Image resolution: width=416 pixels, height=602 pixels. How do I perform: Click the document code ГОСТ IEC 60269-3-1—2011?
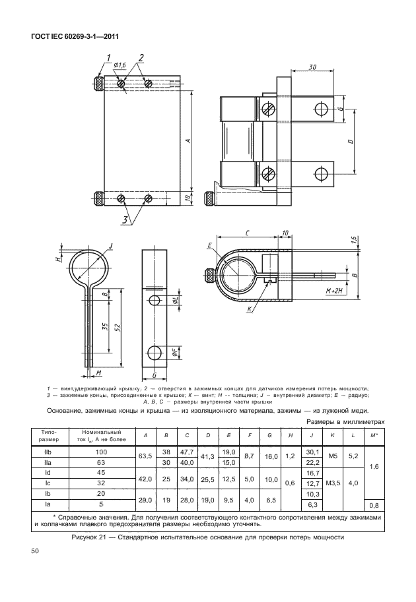click(74, 37)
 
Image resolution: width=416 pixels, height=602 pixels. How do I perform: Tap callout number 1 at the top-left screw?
click(109, 58)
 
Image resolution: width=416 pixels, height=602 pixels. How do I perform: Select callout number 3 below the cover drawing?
click(125, 220)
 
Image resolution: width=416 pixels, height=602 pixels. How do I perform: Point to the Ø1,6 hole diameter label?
click(120, 65)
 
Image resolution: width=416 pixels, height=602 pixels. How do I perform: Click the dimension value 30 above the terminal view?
click(312, 67)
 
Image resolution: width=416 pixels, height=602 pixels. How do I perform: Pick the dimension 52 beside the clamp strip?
click(118, 327)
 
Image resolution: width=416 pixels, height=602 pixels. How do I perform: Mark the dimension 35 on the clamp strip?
click(105, 326)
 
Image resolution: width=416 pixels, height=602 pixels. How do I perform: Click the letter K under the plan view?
click(249, 309)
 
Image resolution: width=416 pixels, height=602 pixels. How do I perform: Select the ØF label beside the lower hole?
click(175, 352)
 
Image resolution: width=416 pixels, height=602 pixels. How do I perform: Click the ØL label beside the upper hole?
click(175, 301)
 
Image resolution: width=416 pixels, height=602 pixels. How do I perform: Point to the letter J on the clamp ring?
click(111, 245)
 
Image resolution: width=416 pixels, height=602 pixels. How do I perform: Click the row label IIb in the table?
click(48, 452)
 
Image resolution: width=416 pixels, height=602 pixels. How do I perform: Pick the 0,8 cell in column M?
click(374, 506)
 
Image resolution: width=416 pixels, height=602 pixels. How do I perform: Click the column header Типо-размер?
click(50, 436)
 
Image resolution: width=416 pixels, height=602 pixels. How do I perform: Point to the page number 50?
click(34, 551)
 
